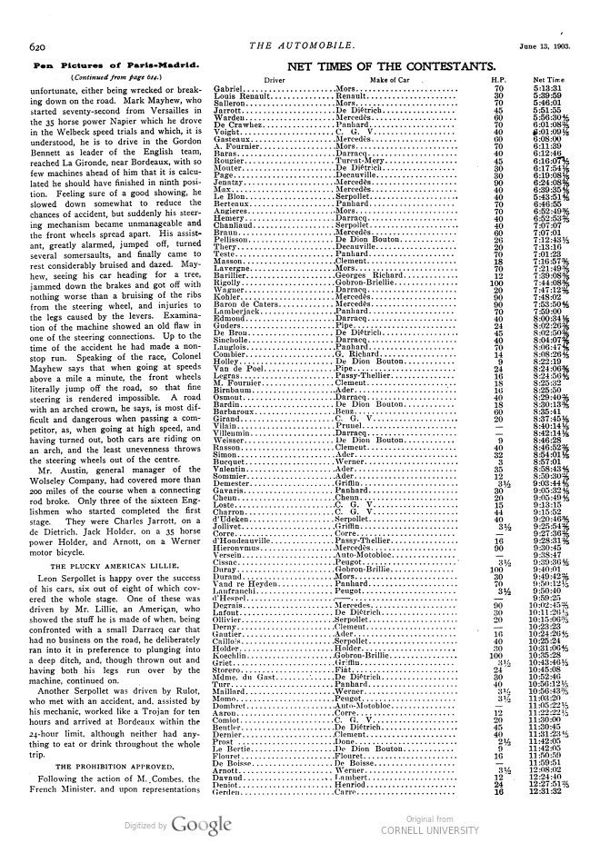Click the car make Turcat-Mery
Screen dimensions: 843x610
click(x=362, y=162)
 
